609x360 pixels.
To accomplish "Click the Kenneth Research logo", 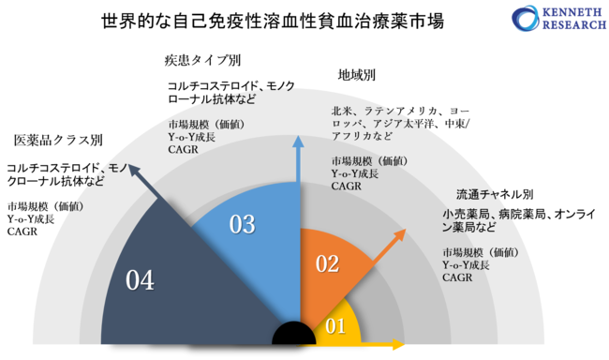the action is point(553,20).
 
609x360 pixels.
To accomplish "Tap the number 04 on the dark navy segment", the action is point(140,278).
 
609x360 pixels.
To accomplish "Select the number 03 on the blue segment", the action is point(243,224).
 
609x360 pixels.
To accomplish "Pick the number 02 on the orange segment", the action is point(327,262).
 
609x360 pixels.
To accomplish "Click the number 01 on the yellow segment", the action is point(335,327).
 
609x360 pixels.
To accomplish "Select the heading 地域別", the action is point(356,74).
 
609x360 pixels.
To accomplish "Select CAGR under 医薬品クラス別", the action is point(21,232).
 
